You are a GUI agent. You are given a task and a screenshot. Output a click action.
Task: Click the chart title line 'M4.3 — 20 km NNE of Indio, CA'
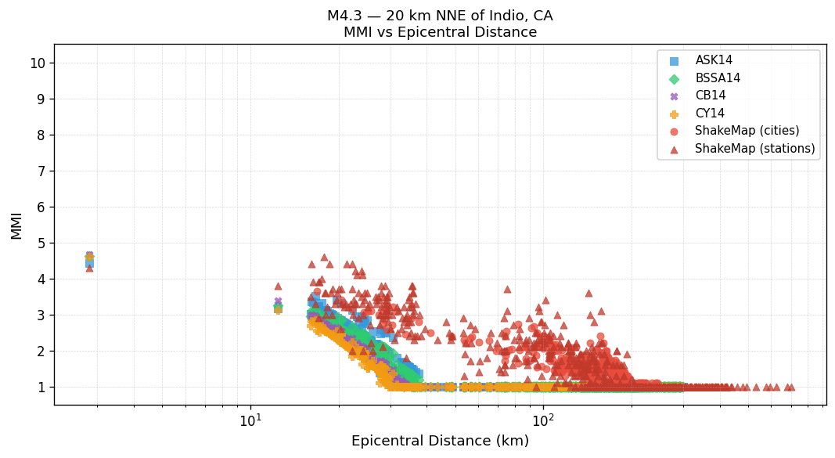440,16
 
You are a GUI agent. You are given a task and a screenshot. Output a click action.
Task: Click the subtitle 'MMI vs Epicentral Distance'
440,32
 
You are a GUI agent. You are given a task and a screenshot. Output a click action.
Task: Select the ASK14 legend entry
714,60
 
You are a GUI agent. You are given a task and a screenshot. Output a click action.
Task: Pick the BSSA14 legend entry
718,78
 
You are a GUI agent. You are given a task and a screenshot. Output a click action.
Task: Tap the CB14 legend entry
711,96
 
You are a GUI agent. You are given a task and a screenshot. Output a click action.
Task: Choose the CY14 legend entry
710,114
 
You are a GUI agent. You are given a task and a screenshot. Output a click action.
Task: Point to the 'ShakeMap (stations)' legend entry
754,149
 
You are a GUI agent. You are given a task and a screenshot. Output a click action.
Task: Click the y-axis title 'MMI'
16,225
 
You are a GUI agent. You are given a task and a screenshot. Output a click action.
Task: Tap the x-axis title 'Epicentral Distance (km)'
440,441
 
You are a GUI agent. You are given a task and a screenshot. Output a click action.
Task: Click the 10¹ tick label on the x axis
250,420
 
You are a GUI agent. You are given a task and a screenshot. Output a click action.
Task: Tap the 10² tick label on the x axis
543,420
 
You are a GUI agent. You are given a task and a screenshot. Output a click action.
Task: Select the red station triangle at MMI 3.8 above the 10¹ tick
278,286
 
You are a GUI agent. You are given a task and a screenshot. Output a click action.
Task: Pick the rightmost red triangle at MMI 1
791,387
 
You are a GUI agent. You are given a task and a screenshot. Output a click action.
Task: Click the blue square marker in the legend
675,60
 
